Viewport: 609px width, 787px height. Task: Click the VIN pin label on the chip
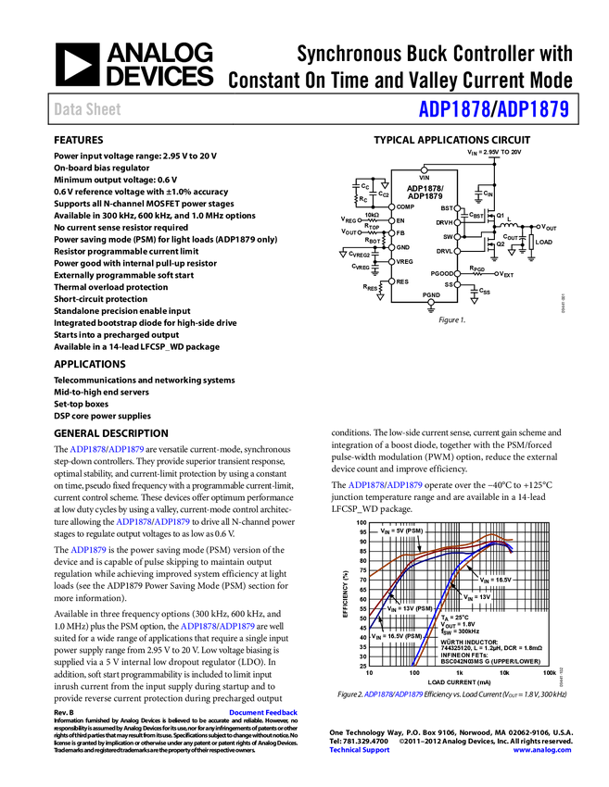[x=425, y=178]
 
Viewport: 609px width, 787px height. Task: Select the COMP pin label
[x=405, y=206]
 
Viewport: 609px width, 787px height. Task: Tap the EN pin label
[x=400, y=220]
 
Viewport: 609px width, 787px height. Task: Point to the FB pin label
[x=400, y=233]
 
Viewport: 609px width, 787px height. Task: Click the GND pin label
[x=402, y=247]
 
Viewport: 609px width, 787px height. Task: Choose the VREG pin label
[x=404, y=262]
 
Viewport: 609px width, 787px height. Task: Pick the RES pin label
[x=402, y=281]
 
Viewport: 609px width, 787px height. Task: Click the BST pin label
[x=447, y=209]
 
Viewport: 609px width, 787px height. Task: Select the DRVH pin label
[x=445, y=223]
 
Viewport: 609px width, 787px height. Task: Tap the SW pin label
[x=449, y=237]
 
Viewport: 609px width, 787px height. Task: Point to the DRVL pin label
[x=445, y=252]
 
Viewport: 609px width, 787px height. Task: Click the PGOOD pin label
[x=442, y=274]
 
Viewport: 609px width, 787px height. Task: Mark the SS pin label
[x=449, y=284]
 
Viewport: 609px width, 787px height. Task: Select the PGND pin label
[x=431, y=294]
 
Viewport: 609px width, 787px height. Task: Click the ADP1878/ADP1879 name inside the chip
[x=425, y=192]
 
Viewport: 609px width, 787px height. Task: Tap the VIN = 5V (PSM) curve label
[x=401, y=531]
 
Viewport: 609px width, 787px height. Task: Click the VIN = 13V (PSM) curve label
[x=410, y=608]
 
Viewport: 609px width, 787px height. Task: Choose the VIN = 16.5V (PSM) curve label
[x=397, y=637]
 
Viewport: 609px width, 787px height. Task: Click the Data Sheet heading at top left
[x=88, y=109]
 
